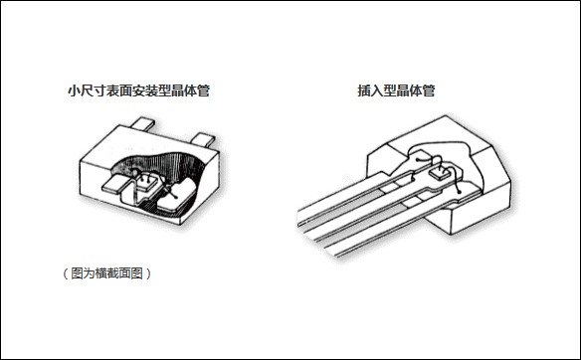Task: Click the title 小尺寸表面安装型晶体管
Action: pyautogui.click(x=138, y=91)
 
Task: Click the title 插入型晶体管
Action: pyautogui.click(x=397, y=90)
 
